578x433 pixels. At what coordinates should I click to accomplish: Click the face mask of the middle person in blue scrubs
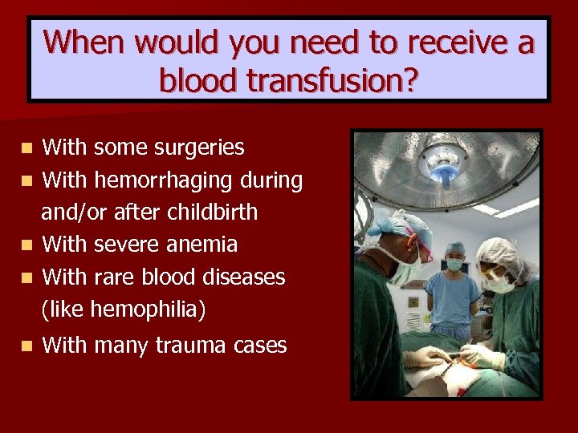455,264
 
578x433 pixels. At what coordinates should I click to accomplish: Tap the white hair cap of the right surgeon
499,256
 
